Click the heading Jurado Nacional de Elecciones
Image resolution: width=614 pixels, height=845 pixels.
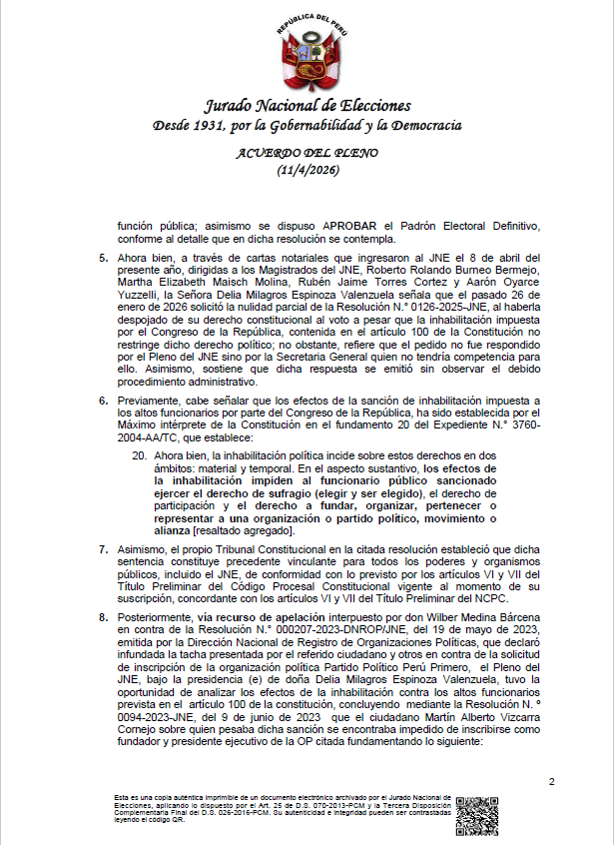click(x=307, y=106)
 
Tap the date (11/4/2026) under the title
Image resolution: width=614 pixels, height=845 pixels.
click(x=307, y=171)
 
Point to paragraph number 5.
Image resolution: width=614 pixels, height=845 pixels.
click(x=103, y=258)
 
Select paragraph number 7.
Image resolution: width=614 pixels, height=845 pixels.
click(x=103, y=548)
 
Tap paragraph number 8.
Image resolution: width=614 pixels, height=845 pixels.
click(x=103, y=618)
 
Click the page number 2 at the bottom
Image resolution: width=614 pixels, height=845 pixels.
click(x=551, y=780)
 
